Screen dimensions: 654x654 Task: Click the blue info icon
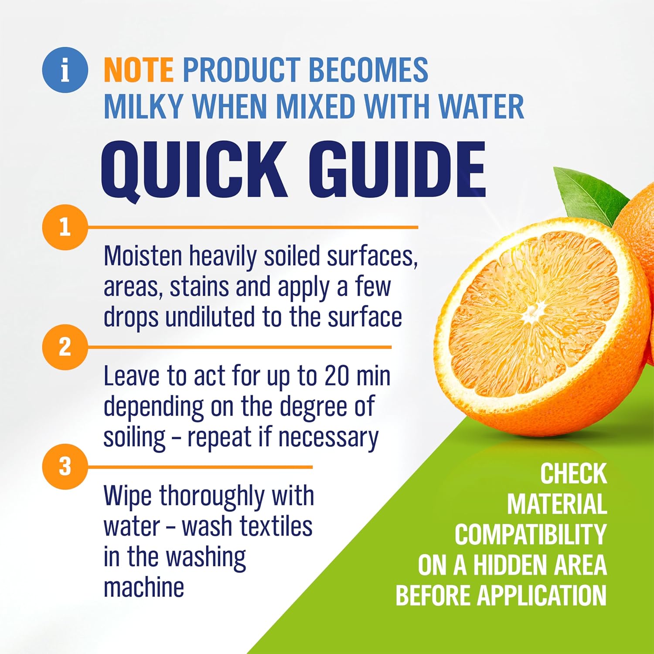point(65,70)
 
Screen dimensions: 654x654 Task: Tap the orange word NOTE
point(139,70)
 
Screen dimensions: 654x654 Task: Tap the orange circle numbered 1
point(65,227)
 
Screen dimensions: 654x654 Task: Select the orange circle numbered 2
point(65,347)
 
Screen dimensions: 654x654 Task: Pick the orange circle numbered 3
point(65,467)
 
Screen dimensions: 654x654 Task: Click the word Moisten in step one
point(142,256)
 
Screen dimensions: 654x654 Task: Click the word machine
point(144,587)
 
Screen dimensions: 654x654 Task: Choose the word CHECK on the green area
point(573,473)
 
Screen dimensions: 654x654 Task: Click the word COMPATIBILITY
point(531,535)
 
